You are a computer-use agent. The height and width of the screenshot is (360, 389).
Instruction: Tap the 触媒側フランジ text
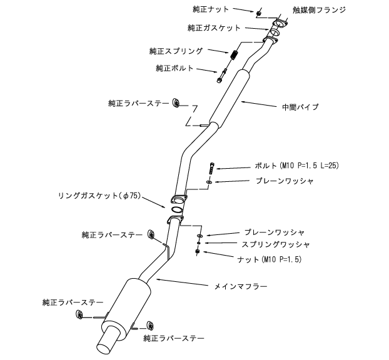[320, 9]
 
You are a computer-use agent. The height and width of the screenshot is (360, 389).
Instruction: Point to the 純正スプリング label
[176, 50]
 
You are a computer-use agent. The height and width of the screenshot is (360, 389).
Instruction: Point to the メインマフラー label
[246, 286]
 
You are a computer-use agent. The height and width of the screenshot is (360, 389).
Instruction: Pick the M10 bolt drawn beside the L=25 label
[213, 167]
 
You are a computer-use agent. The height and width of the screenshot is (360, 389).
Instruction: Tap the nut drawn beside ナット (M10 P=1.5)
[198, 251]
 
